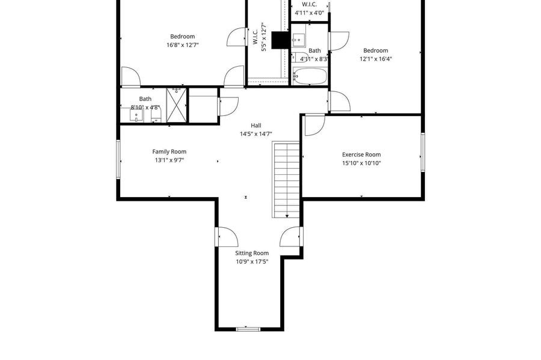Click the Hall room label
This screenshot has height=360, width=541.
click(256, 126)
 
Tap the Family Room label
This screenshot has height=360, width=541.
click(170, 151)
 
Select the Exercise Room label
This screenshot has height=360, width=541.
click(362, 155)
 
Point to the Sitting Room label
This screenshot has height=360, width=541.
click(252, 253)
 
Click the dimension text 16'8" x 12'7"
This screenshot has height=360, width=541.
click(183, 45)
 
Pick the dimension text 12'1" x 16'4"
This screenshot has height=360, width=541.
click(376, 59)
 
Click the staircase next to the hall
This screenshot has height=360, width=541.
click(286, 180)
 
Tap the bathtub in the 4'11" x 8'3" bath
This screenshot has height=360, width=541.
click(310, 76)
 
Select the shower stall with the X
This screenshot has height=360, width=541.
click(176, 105)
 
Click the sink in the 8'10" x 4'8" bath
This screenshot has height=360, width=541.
click(136, 115)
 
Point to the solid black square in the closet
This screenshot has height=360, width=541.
click(280, 40)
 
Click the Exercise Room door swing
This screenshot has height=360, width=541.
click(314, 124)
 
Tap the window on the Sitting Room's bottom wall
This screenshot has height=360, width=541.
click(248, 329)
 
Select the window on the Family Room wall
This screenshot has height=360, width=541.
click(118, 159)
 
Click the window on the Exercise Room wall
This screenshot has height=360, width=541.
click(423, 153)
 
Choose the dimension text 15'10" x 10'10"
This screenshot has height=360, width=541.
click(362, 163)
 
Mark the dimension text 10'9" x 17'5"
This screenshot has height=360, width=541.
click(252, 261)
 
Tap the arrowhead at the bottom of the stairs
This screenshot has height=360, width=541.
click(287, 216)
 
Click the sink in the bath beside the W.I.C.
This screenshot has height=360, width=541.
click(298, 40)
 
